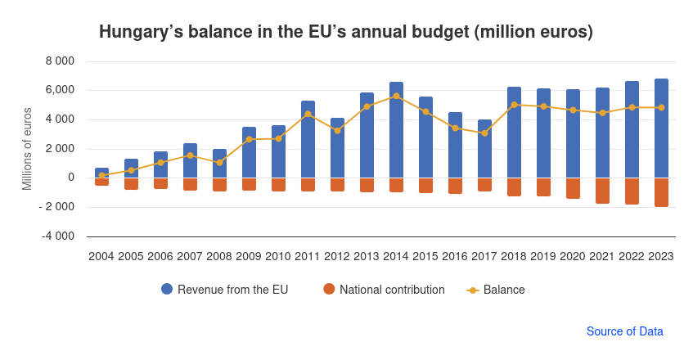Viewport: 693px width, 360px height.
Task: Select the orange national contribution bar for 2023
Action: pyautogui.click(x=661, y=192)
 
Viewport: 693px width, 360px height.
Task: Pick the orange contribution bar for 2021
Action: pyautogui.click(x=602, y=191)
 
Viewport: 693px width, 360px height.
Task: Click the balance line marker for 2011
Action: pyautogui.click(x=308, y=114)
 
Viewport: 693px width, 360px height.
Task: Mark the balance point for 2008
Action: pyautogui.click(x=219, y=163)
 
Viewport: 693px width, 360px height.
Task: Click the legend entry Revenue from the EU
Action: pyautogui.click(x=224, y=290)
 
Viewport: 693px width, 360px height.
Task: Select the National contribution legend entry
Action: pyautogui.click(x=384, y=290)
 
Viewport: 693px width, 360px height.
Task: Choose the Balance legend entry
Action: pyautogui.click(x=496, y=290)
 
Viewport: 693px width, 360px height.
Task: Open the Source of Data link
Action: pyautogui.click(x=624, y=331)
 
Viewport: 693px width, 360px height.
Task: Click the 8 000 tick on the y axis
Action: pyautogui.click(x=59, y=61)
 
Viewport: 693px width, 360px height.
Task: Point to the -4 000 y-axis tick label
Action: pyautogui.click(x=57, y=236)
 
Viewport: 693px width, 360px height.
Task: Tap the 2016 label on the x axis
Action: pyautogui.click(x=454, y=256)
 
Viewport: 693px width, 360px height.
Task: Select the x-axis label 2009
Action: pyautogui.click(x=248, y=256)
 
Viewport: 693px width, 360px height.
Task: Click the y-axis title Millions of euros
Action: pyautogui.click(x=27, y=149)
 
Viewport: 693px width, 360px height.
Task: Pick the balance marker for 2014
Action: pyautogui.click(x=396, y=96)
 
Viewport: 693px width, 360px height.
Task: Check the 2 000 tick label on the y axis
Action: pyautogui.click(x=59, y=149)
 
